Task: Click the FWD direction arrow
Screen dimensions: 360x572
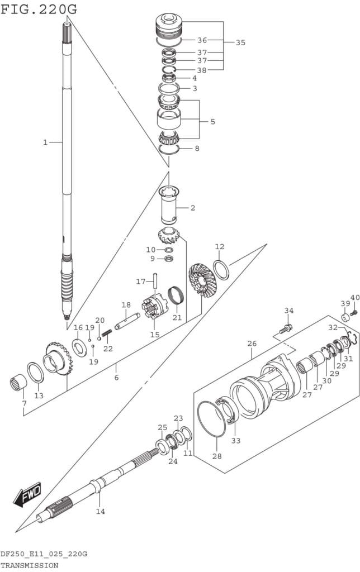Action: pyautogui.click(x=27, y=495)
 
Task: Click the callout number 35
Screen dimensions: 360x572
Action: pyautogui.click(x=240, y=42)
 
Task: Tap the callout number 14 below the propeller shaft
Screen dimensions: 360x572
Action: pyautogui.click(x=101, y=512)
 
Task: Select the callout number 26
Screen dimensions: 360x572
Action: pyautogui.click(x=252, y=344)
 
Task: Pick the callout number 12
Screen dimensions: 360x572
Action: pyautogui.click(x=220, y=246)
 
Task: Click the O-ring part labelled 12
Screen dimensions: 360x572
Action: pyautogui.click(x=221, y=270)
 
